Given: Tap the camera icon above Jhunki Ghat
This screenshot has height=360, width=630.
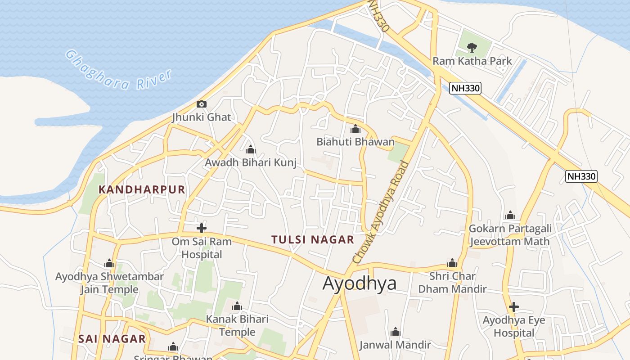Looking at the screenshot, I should coord(202,104).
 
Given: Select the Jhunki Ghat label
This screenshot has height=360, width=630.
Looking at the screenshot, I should coord(202,117).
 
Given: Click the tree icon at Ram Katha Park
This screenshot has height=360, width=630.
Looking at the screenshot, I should coord(472,47).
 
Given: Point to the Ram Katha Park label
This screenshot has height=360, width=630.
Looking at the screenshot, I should coord(472,61).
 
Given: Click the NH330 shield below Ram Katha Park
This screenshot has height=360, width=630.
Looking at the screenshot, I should coord(465,88).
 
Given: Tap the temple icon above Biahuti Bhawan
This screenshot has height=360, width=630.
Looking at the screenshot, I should coord(355,129).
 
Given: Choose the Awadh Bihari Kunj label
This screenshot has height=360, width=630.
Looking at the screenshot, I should coord(251,162).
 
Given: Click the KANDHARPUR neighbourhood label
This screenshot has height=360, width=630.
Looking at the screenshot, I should coord(142,189).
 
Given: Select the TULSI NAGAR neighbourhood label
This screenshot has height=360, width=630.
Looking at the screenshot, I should coord(313,239).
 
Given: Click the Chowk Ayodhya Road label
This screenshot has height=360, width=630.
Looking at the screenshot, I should coord(381,211).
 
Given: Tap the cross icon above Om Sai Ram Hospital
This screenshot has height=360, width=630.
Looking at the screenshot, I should coord(202,228).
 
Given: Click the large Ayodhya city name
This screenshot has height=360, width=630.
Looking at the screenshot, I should coord(360,283).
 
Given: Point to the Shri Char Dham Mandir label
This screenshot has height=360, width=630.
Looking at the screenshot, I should coord(452,282).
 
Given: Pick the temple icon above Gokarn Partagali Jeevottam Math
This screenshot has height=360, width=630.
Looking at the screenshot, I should coord(510,216).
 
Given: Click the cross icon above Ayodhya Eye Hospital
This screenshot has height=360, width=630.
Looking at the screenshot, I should coord(513,307).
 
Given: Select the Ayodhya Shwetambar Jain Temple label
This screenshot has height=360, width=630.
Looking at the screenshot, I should coord(109,283).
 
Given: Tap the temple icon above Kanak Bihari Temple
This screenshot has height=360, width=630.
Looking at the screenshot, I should coord(237,307).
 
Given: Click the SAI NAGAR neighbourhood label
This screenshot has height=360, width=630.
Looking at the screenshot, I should coord(112,339).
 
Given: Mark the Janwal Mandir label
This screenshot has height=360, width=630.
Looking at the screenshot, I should coord(395,345).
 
